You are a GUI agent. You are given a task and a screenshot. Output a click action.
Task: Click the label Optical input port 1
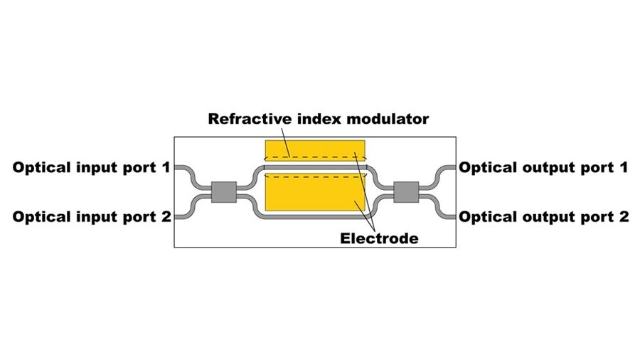tap(92, 169)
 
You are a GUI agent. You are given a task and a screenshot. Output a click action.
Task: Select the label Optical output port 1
tap(543, 169)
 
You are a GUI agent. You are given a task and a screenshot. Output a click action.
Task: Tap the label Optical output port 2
tap(543, 217)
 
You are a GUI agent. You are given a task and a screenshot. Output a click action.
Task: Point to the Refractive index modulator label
tap(318, 119)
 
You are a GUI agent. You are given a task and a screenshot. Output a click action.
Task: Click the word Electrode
tap(378, 238)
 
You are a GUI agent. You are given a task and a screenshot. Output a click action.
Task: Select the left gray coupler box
tap(223, 192)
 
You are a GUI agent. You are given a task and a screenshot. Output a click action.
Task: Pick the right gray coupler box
tap(407, 192)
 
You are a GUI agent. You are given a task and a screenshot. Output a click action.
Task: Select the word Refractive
tap(245, 119)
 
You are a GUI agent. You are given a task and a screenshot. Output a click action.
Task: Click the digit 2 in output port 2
tap(624, 217)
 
